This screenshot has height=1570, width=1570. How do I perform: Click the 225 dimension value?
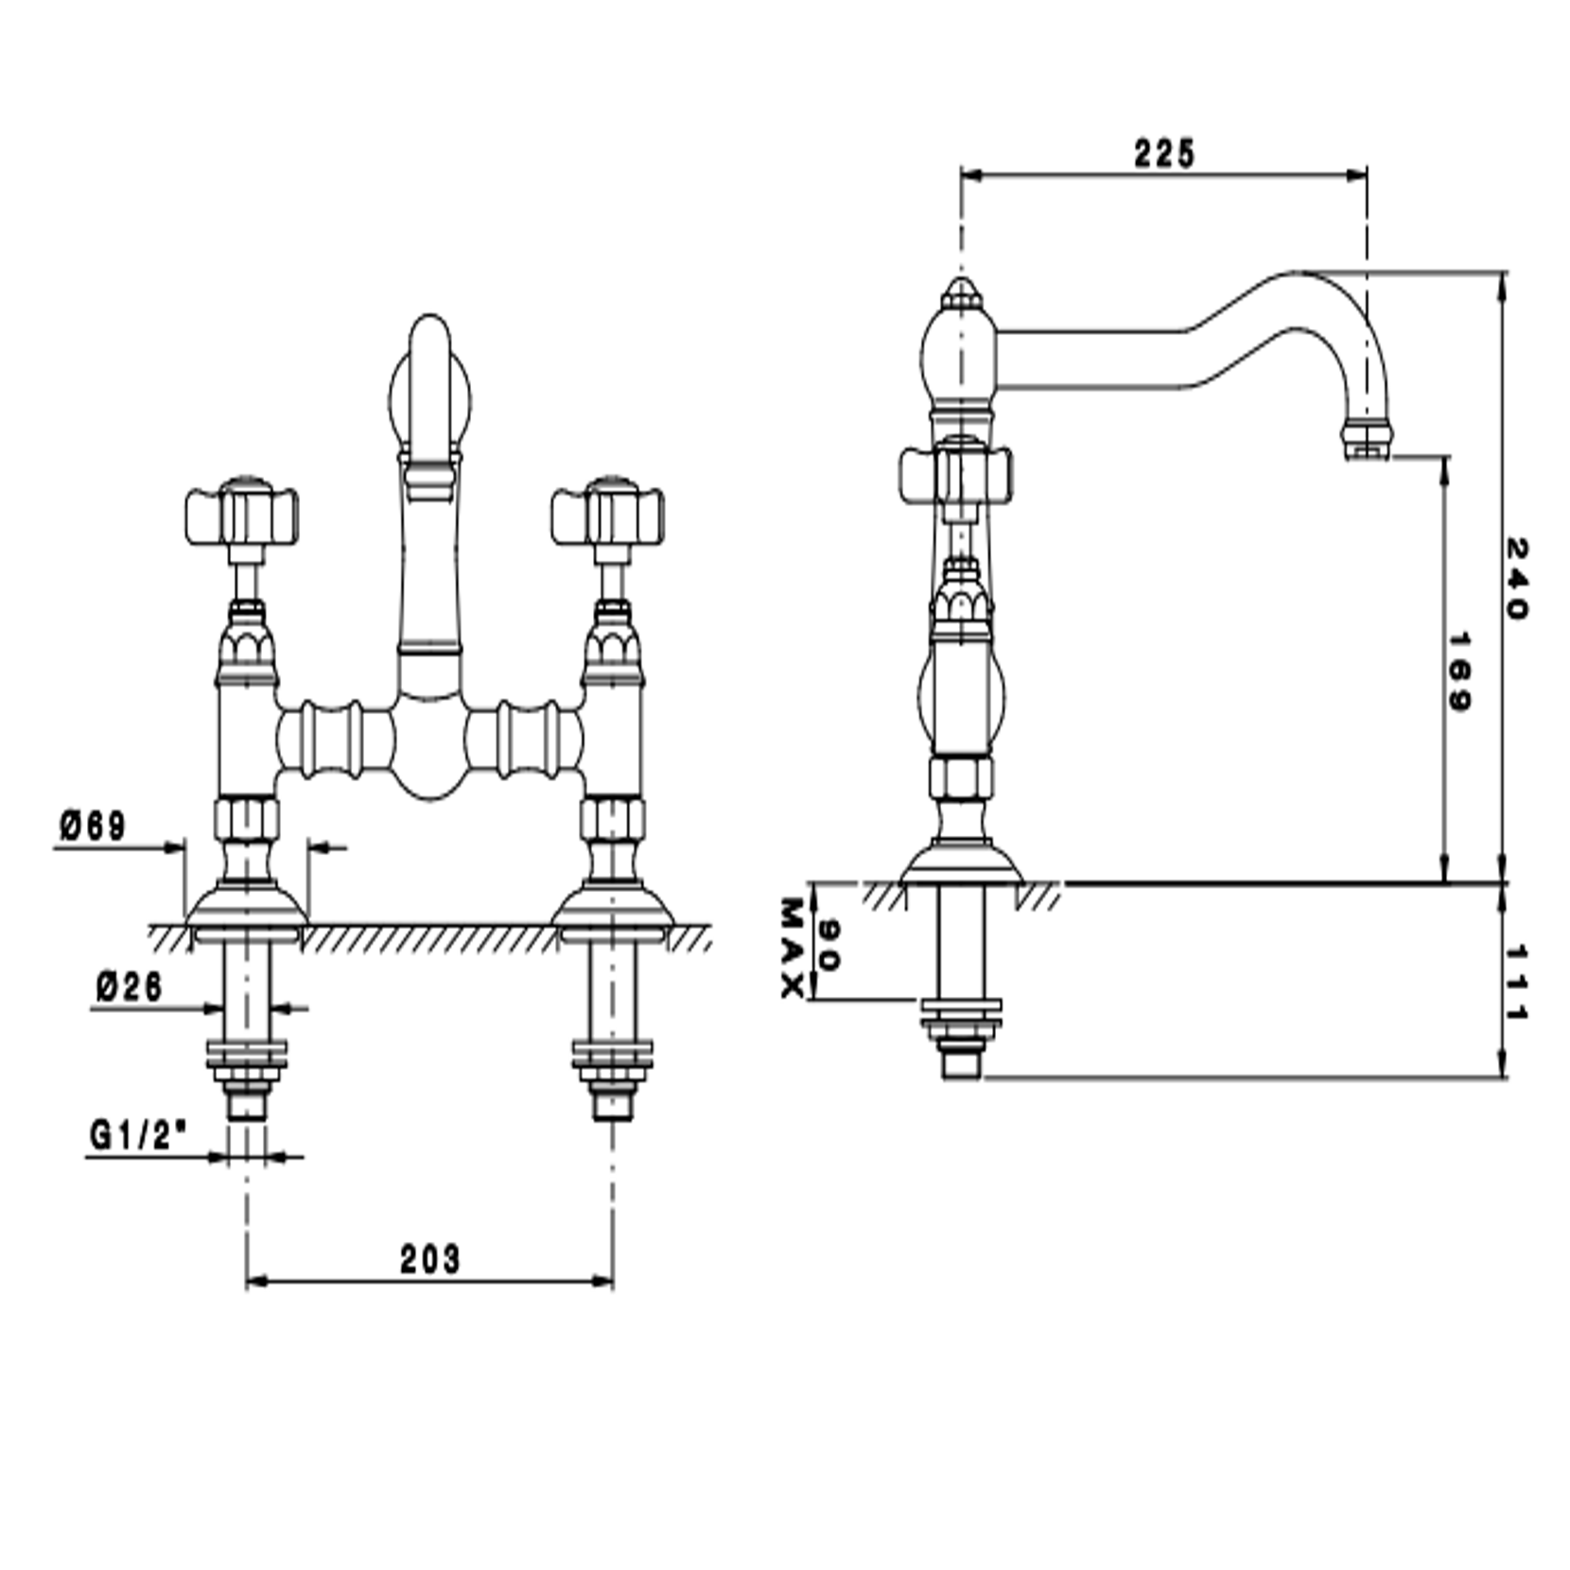point(1164,153)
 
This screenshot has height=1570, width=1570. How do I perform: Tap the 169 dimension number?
point(1458,672)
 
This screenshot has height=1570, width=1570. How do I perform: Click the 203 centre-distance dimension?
point(429,1259)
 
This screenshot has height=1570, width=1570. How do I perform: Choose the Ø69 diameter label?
point(93,826)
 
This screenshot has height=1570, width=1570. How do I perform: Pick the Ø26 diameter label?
point(130,987)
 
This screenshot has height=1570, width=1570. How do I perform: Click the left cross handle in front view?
point(242,516)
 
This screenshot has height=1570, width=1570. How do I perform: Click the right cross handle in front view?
point(608,516)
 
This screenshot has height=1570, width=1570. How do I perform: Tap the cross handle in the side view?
point(955,474)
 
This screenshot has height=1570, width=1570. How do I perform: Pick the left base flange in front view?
point(246,906)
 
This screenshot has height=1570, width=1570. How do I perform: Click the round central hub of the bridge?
point(429,742)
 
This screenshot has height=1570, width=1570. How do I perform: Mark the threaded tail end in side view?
point(962,1063)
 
